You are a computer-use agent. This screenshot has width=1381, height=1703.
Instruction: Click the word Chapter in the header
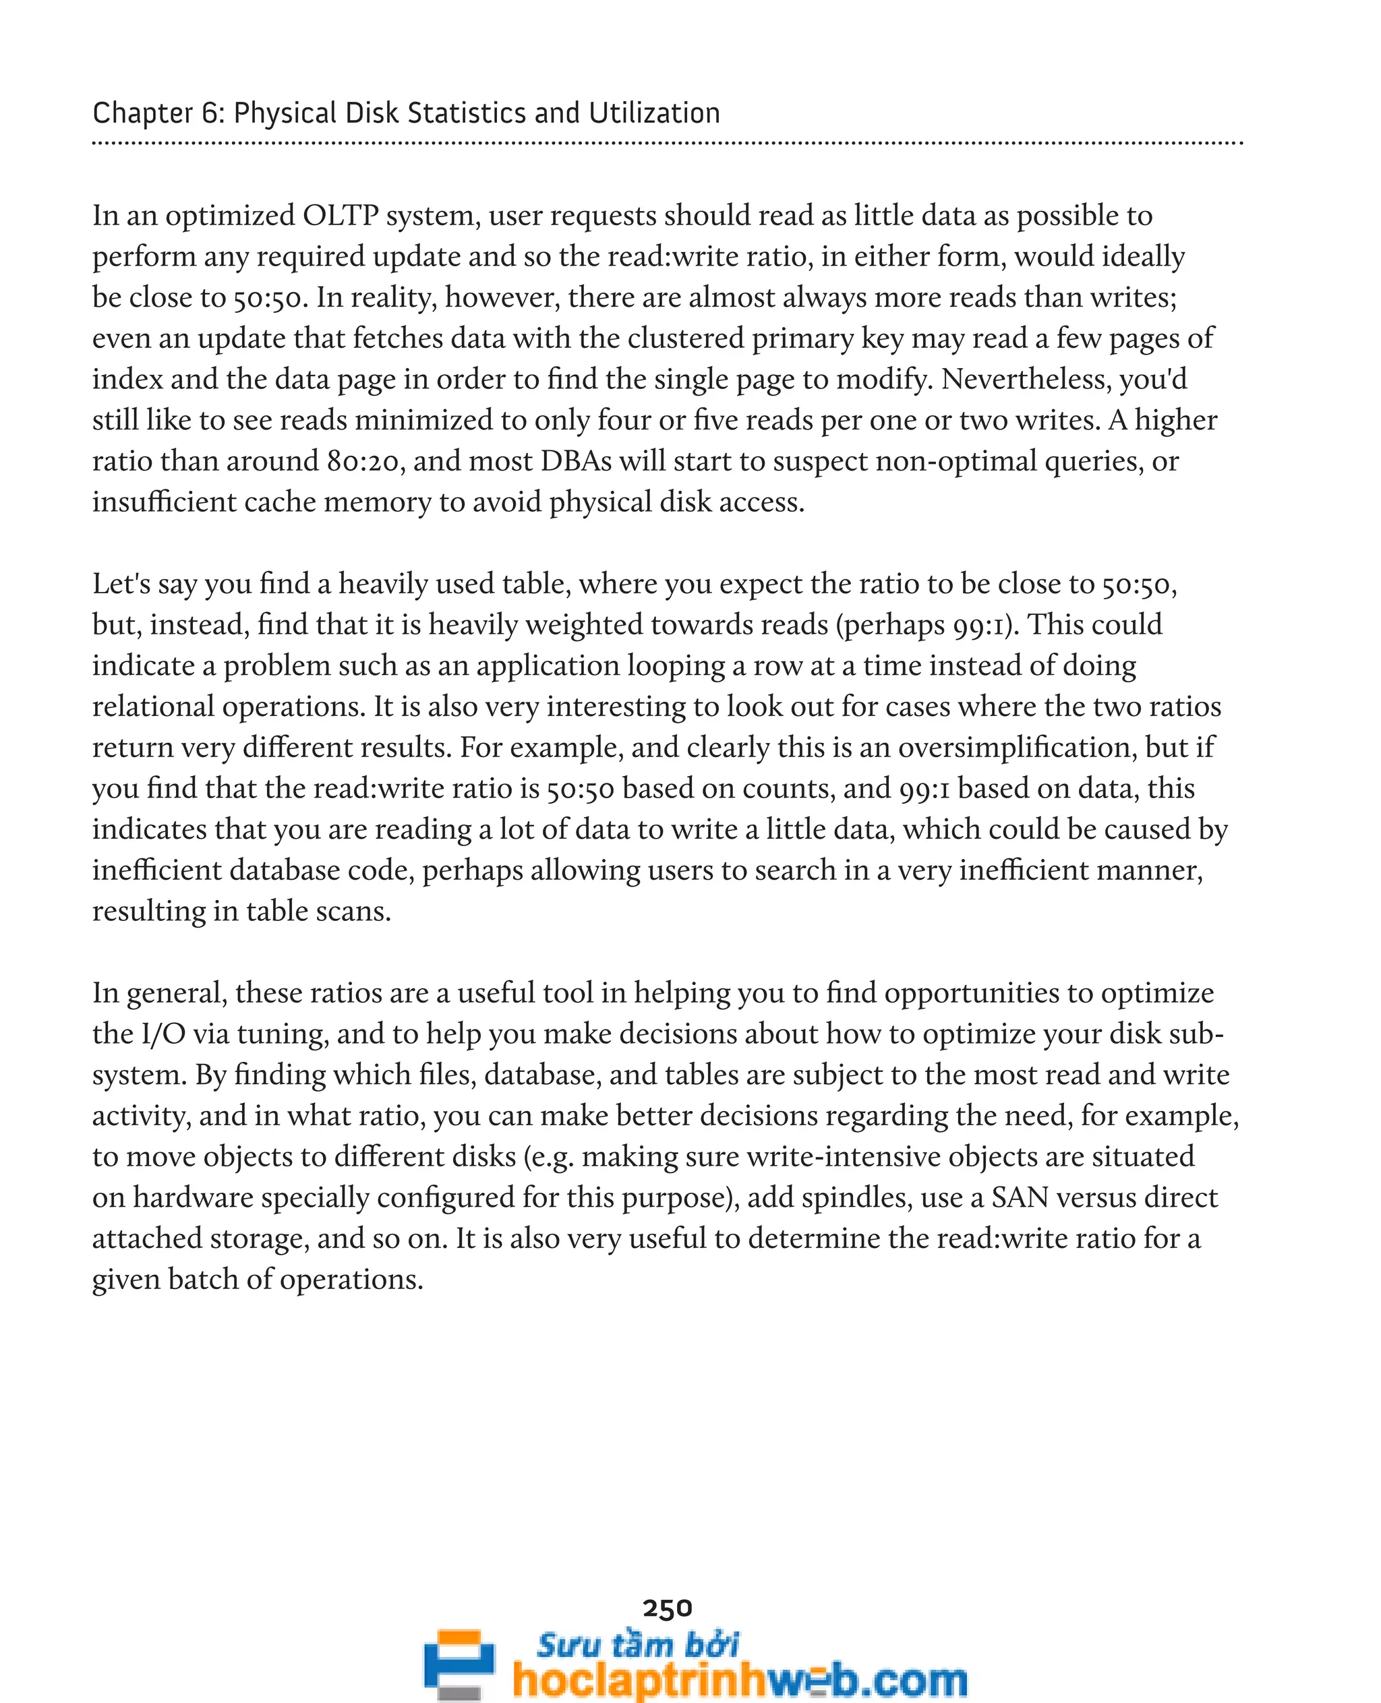(142, 114)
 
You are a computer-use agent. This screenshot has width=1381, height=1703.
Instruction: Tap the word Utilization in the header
(654, 114)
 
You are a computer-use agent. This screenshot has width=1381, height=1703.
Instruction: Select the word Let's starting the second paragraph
(121, 584)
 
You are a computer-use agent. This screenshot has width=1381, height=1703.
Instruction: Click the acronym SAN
(1019, 1197)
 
